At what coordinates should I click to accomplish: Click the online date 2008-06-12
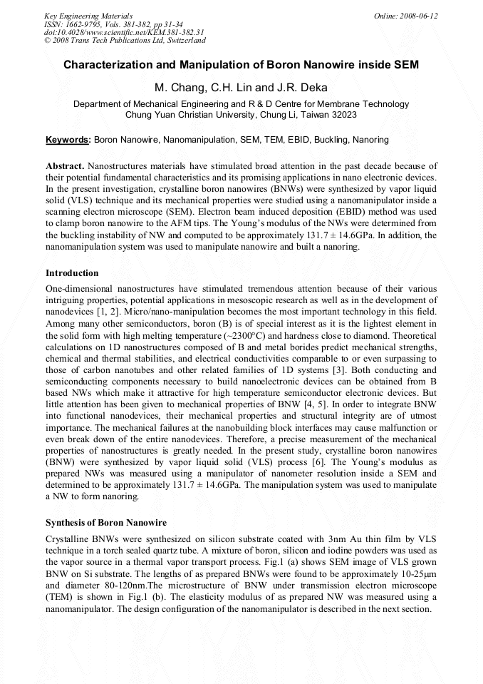(416, 16)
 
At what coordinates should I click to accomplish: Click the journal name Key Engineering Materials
(88, 16)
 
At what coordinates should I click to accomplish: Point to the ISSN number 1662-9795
(80, 24)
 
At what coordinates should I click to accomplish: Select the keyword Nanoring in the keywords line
(371, 140)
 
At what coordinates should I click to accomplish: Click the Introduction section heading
(72, 273)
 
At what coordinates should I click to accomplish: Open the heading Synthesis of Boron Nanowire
(106, 523)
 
